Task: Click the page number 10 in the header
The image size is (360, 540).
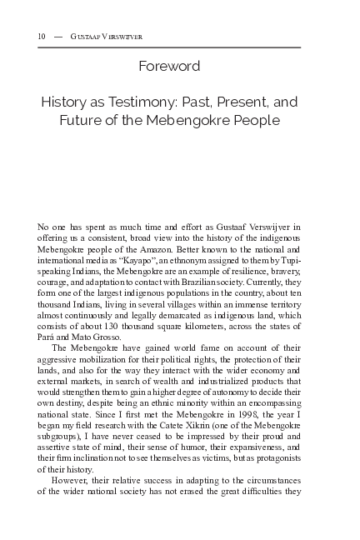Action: click(x=42, y=37)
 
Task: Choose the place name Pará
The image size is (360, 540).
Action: click(x=48, y=326)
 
